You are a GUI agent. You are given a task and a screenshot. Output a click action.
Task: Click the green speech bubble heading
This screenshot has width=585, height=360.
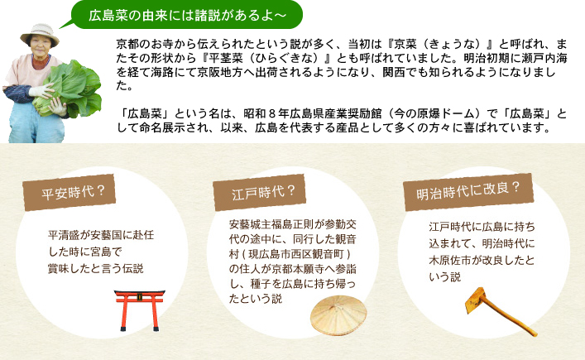186,15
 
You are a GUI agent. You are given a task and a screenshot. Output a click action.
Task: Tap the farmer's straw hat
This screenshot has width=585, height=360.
40,33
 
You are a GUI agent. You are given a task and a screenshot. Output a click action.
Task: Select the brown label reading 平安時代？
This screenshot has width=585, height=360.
69,193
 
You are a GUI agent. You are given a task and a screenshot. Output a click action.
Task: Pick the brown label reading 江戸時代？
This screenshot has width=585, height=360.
260,193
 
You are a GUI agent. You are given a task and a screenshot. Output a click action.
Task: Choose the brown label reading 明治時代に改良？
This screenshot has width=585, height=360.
468,192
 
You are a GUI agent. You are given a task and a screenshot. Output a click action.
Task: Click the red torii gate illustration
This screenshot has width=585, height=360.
140,310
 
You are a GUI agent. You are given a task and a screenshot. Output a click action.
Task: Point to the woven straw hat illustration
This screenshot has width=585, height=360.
338,315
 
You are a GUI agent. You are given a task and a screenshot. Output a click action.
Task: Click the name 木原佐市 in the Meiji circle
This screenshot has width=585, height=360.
450,260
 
